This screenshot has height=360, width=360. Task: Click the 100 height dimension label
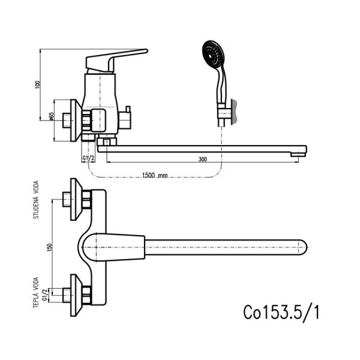click(x=38, y=85)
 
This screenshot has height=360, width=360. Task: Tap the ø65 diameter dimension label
click(x=51, y=116)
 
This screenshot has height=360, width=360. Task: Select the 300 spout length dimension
click(x=203, y=159)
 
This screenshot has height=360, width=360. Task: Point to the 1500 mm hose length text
click(x=155, y=175)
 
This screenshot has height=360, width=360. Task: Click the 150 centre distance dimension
click(x=50, y=247)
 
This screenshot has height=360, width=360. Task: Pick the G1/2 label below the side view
click(x=88, y=158)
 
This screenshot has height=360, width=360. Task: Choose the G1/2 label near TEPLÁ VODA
click(x=45, y=295)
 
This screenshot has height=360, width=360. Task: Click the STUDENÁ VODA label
click(x=36, y=200)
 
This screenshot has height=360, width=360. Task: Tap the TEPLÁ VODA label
click(x=36, y=293)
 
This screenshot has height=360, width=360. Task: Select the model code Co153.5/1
click(x=281, y=312)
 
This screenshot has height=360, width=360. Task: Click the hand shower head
click(x=212, y=54)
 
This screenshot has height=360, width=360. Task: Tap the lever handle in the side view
click(x=116, y=60)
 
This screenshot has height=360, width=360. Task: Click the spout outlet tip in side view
click(x=298, y=155)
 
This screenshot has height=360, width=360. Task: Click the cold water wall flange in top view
click(x=76, y=199)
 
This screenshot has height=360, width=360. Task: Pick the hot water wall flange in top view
click(x=76, y=295)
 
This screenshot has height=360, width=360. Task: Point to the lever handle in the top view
click(x=113, y=247)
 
